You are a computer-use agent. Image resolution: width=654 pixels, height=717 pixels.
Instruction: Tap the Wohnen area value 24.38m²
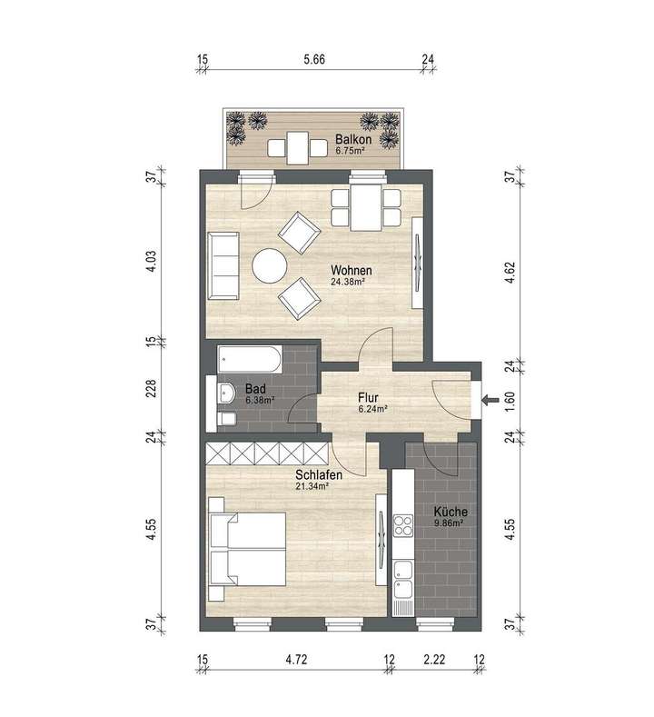(348, 283)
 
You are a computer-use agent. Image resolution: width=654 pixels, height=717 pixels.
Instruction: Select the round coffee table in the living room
(270, 266)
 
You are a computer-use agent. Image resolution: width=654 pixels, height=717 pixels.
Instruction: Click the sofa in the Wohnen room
(223, 264)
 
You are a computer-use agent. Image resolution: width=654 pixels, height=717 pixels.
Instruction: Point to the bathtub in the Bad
(250, 359)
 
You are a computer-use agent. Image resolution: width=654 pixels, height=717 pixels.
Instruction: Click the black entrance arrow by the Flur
(490, 399)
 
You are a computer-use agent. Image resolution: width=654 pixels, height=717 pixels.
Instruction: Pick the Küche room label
(450, 512)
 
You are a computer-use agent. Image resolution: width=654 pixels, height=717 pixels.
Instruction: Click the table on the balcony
(297, 145)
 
